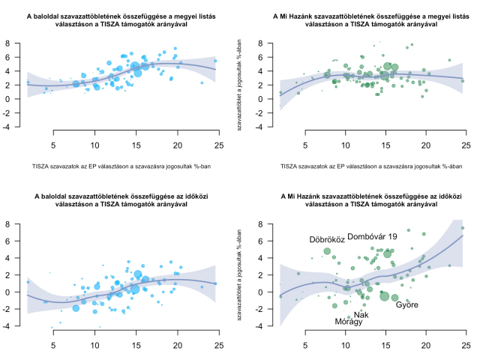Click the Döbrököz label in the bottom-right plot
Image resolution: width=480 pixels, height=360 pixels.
point(327,239)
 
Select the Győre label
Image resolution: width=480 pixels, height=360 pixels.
point(407,304)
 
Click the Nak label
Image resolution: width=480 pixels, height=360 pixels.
point(361,314)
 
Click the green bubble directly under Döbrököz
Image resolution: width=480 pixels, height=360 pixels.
point(327,251)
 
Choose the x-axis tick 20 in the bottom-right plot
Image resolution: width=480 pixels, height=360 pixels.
point(426,346)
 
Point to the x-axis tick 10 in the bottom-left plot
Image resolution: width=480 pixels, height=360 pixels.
point(94,346)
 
